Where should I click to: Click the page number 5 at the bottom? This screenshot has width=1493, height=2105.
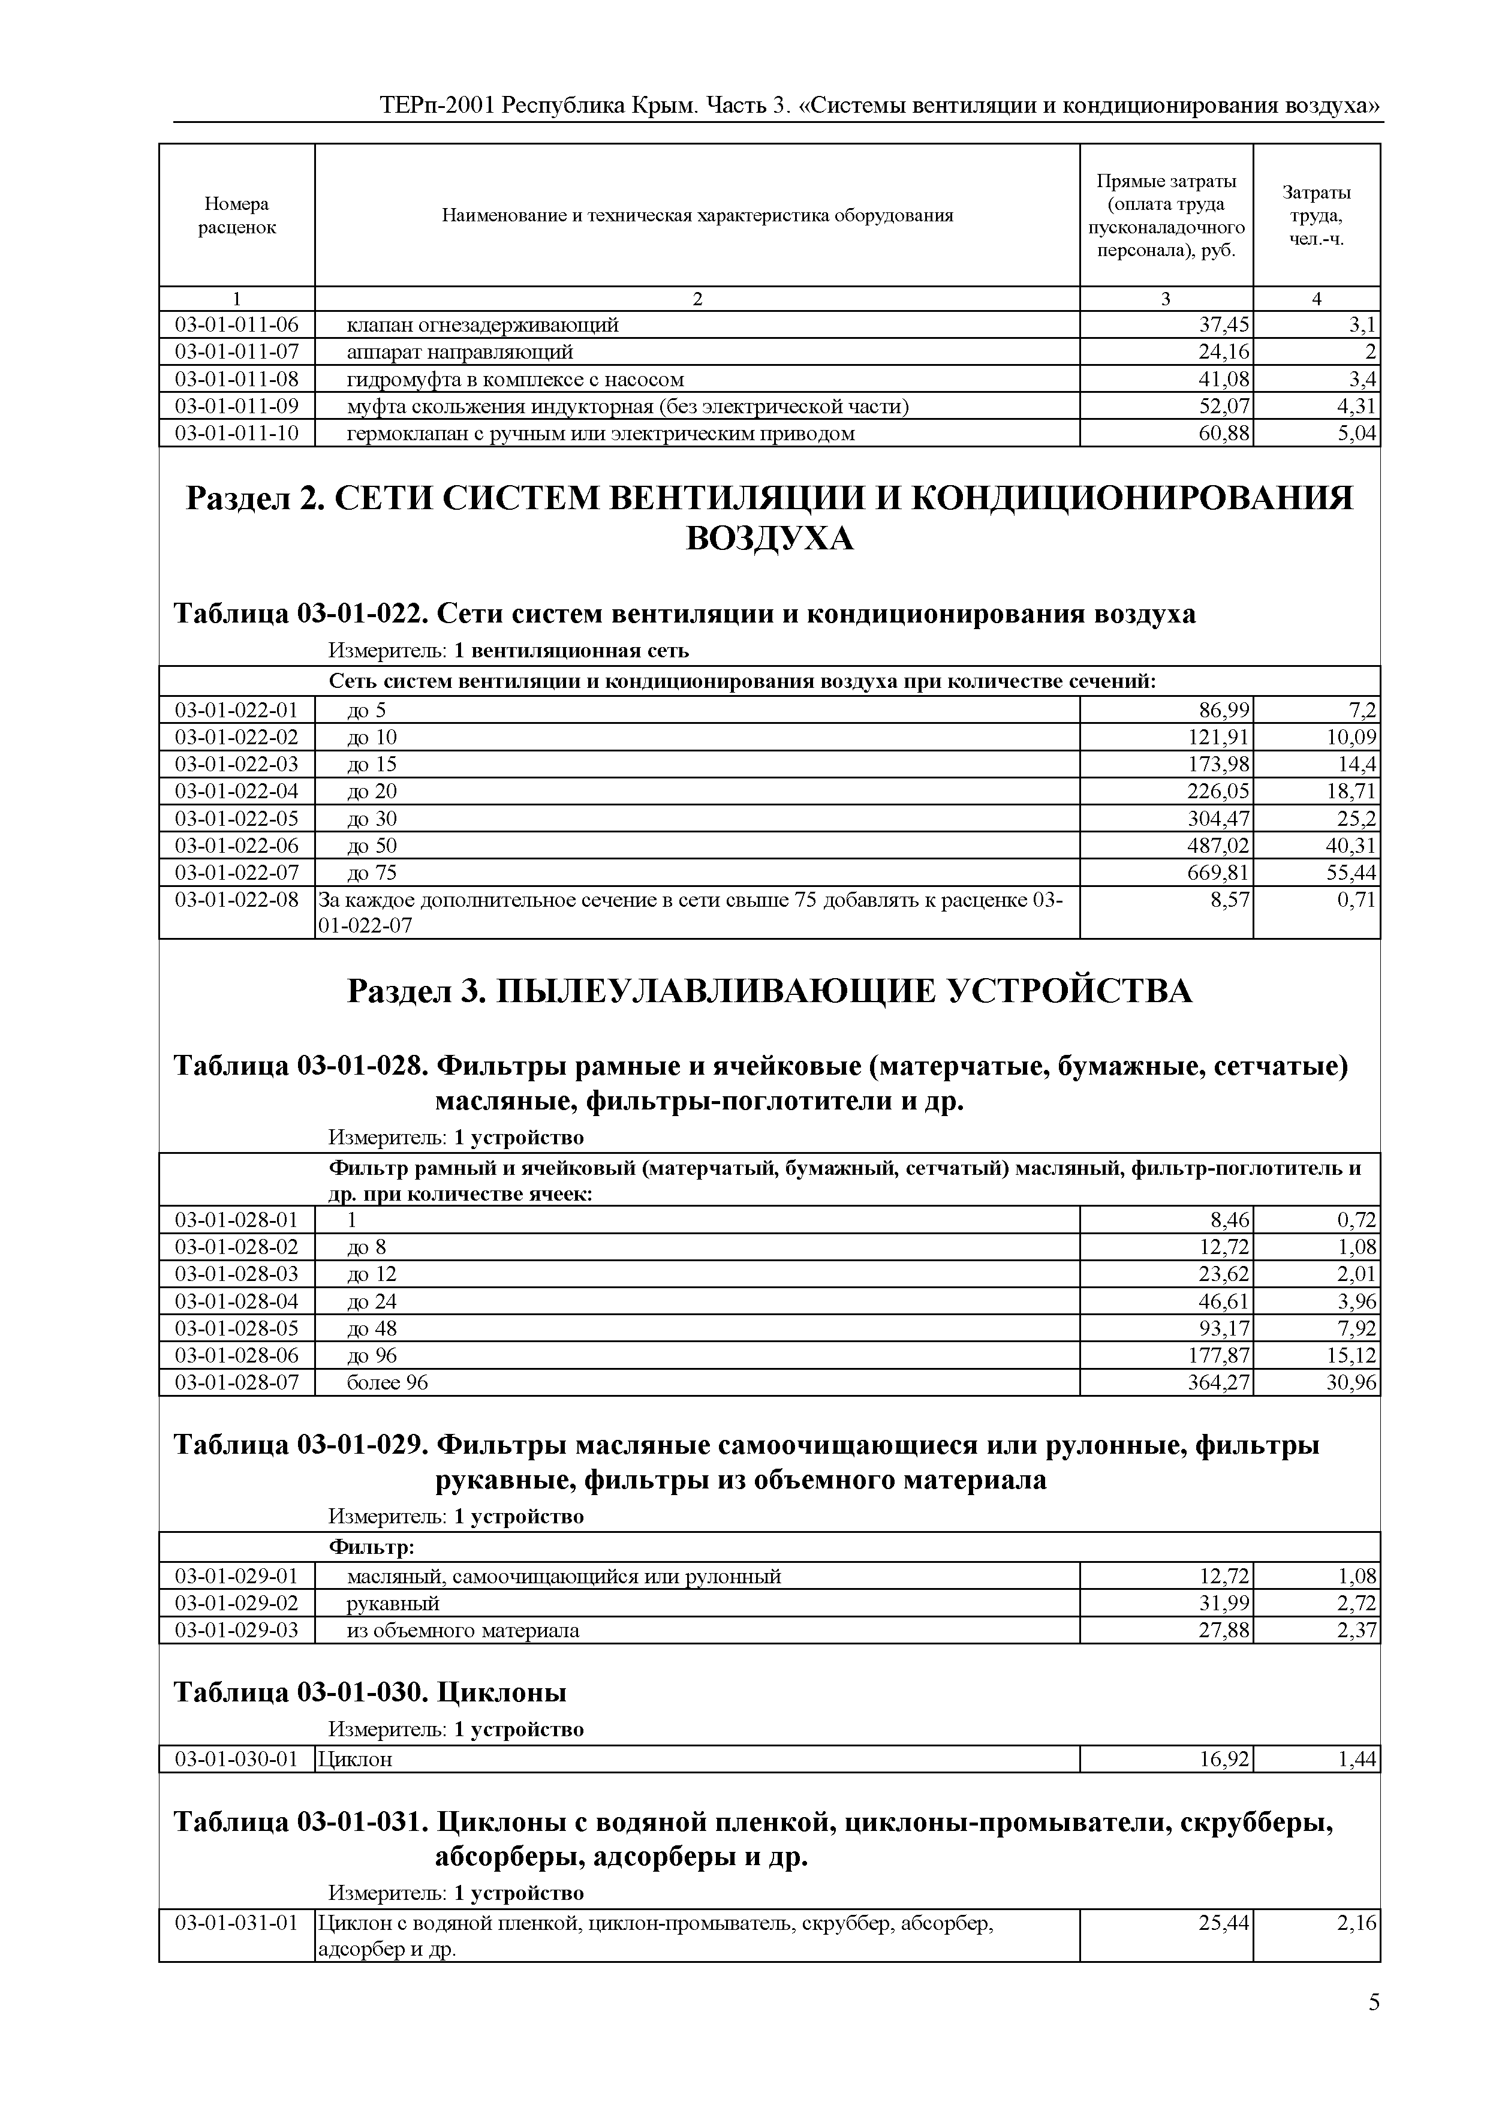click(x=1374, y=2002)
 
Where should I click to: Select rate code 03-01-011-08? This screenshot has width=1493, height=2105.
click(x=236, y=379)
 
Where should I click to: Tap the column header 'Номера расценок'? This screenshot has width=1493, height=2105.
click(x=236, y=215)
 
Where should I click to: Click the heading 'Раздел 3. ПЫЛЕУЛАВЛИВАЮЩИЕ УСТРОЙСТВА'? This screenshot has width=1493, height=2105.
click(x=769, y=991)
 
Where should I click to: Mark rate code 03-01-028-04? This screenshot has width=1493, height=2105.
click(x=236, y=1300)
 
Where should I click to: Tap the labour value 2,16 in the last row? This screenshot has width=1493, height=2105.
click(x=1357, y=1923)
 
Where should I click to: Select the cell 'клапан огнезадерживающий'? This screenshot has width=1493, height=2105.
click(x=481, y=324)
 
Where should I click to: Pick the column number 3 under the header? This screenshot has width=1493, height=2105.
click(x=1166, y=299)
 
